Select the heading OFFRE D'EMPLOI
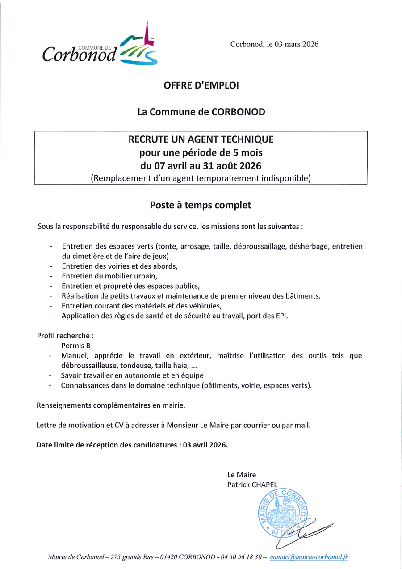coord(201,85)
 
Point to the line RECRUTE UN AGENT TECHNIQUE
coord(201,139)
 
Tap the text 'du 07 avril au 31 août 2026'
coord(201,166)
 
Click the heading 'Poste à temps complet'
coord(201,205)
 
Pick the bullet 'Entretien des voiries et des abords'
coord(120,266)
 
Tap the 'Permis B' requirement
coord(76,346)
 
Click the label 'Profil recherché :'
coord(65,335)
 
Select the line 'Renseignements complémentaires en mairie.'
coord(110,405)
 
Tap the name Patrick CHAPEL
coord(252,485)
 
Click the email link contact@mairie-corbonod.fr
coord(309,557)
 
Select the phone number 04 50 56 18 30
coord(242,557)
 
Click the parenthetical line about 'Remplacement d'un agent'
coord(201,178)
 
